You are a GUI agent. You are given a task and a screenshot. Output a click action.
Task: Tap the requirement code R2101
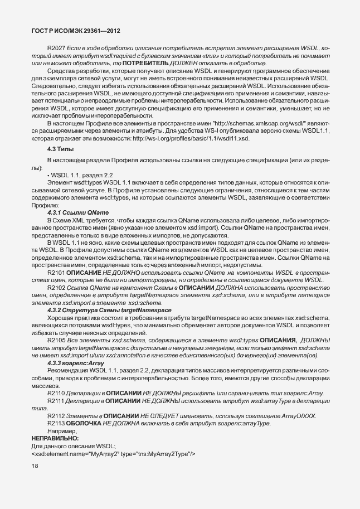coord(56,272)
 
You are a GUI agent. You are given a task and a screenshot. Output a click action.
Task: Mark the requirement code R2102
coord(56,287)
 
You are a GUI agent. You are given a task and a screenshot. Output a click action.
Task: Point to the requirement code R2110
coord(56,394)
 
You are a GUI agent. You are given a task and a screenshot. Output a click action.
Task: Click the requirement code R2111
coord(56,401)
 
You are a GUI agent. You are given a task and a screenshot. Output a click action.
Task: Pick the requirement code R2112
coord(56,416)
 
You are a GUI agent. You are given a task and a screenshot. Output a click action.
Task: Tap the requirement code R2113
coord(56,424)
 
